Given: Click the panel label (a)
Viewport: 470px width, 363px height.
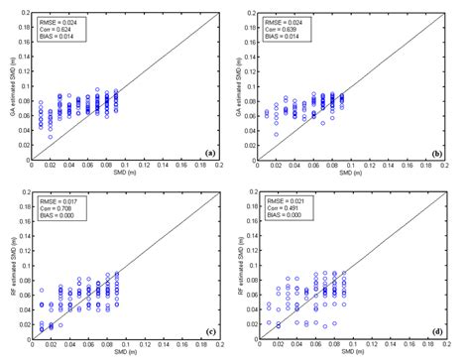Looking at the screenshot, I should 208,152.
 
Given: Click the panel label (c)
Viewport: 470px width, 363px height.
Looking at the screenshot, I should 208,331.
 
